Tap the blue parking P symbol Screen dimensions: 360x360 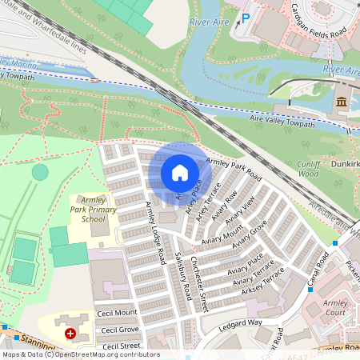click(x=246, y=17)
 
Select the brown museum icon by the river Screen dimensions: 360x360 click(x=342, y=102)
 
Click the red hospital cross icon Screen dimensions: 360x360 click(x=71, y=332)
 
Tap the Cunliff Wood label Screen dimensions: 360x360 click(x=308, y=168)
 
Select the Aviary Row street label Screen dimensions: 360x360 click(x=225, y=208)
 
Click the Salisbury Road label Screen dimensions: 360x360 click(x=181, y=276)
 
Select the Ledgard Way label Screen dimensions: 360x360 click(x=242, y=322)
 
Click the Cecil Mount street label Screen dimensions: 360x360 click(x=116, y=313)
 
